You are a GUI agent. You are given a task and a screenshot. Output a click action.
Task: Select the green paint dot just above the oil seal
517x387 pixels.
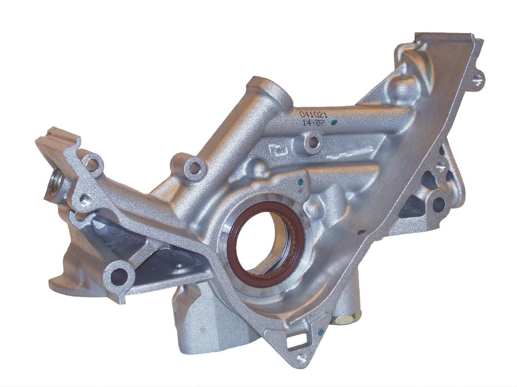tap(299, 180)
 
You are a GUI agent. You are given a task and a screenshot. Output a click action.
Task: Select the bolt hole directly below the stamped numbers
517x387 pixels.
tap(313, 143)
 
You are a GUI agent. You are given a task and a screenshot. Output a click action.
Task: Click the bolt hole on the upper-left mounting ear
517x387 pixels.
tap(94, 164)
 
